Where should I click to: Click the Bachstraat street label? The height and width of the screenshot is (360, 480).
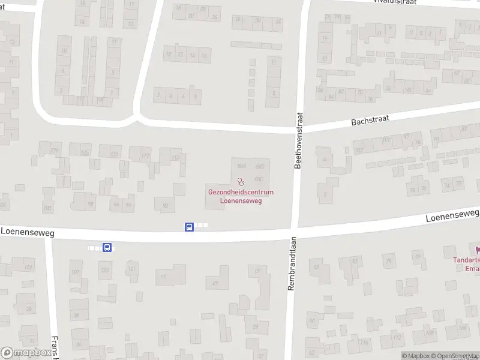pyautogui.click(x=370, y=121)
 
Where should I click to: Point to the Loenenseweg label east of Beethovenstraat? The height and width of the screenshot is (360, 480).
pyautogui.click(x=452, y=216)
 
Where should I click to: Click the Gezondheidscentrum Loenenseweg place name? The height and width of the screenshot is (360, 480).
pyautogui.click(x=241, y=196)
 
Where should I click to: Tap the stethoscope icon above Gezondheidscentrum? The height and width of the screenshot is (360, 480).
pyautogui.click(x=241, y=181)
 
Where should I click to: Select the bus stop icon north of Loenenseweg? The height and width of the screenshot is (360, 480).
pyautogui.click(x=189, y=226)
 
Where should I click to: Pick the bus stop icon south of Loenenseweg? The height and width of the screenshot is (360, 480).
pyautogui.click(x=107, y=247)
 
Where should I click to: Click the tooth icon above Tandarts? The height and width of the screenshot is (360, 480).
pyautogui.click(x=478, y=250)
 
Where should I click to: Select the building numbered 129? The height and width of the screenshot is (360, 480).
pyautogui.click(x=55, y=150)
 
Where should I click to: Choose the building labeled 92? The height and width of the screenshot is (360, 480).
pyautogui.click(x=165, y=205)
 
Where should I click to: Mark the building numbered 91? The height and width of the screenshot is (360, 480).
pyautogui.click(x=163, y=277)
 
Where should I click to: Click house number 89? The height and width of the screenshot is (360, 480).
pyautogui.click(x=215, y=283)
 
